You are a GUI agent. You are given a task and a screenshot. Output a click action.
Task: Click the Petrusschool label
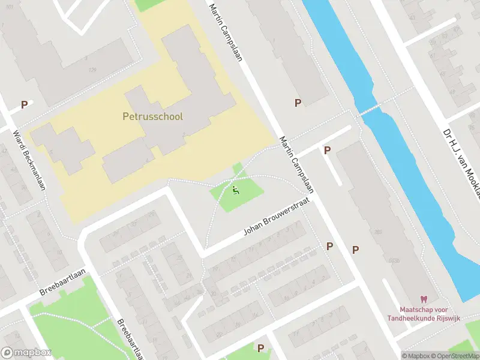[x=152, y=117]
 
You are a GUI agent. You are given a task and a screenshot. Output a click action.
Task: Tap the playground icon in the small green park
[x=235, y=190]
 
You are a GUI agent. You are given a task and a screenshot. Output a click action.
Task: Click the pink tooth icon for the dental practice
[x=423, y=299]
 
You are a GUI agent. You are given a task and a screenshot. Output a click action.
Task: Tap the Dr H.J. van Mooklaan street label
[x=462, y=159]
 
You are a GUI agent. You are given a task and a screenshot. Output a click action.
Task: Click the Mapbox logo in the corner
[x=26, y=353]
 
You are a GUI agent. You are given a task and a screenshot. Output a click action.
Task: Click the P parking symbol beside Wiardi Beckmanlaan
[x=25, y=104]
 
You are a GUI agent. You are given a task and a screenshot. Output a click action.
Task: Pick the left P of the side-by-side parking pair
[x=329, y=247]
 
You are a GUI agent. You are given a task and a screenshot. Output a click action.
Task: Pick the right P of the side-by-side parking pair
[x=355, y=250]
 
